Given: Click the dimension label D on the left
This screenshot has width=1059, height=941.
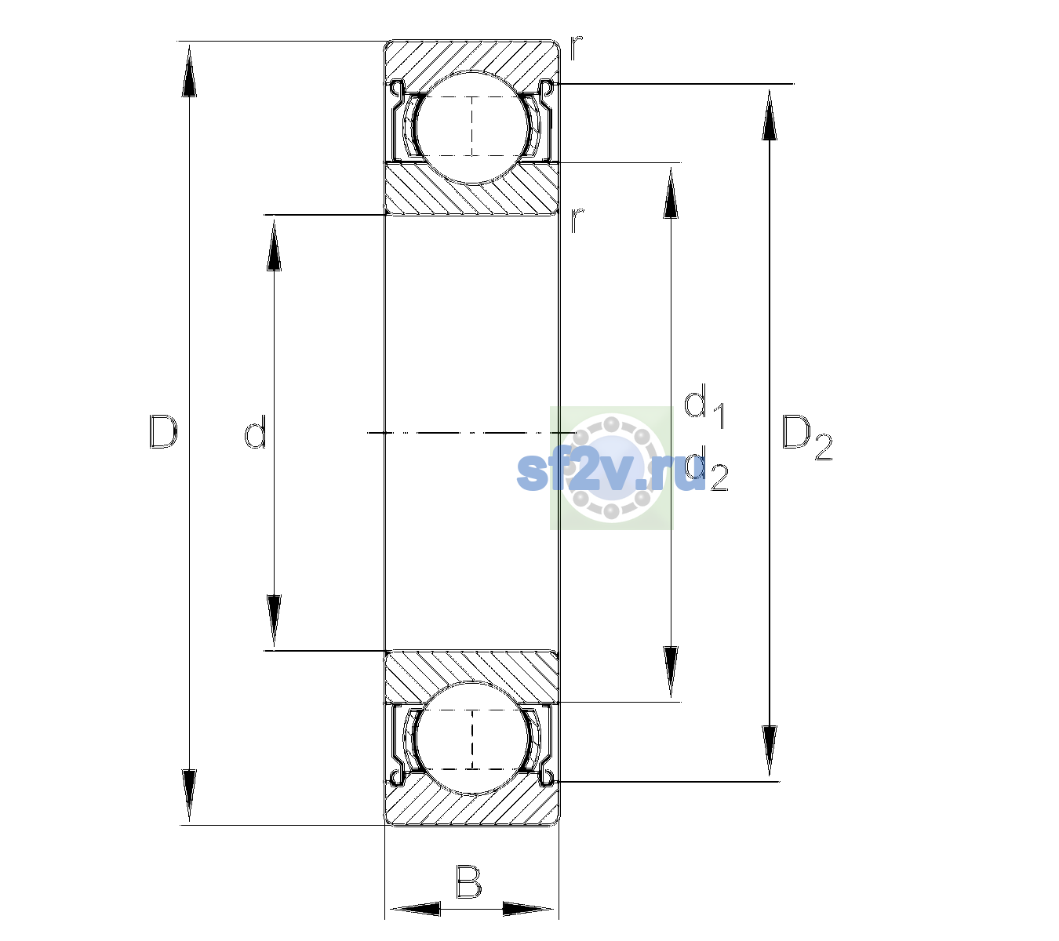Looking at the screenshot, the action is tap(163, 432).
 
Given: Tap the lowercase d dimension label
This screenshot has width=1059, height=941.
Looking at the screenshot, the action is tap(256, 432).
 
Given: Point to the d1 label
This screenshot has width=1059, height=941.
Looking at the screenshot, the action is tap(704, 405).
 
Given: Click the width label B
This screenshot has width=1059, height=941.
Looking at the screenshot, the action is tap(468, 881).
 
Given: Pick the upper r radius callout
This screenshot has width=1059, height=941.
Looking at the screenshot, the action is tap(576, 48).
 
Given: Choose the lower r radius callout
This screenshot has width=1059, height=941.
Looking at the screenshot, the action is tap(577, 220).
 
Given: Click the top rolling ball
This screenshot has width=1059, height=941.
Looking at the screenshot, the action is tap(472, 128).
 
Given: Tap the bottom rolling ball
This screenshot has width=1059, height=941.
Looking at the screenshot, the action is tap(472, 738).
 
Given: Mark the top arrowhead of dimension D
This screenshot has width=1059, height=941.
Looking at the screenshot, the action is tap(189, 71).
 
